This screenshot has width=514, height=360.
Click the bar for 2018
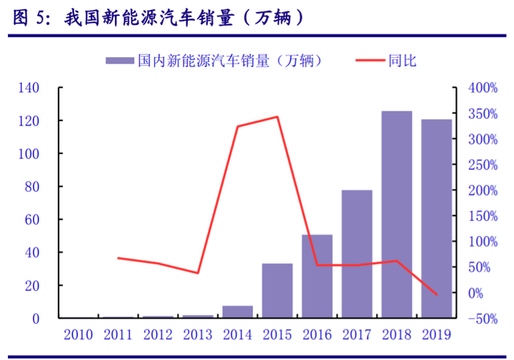[396, 215]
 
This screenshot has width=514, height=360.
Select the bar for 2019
[436, 219]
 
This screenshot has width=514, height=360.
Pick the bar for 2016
[316, 276]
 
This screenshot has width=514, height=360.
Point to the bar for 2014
[238, 312]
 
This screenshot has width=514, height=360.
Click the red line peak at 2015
[277, 117]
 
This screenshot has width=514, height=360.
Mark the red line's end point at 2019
[436, 295]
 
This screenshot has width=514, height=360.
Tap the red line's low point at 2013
[198, 273]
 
